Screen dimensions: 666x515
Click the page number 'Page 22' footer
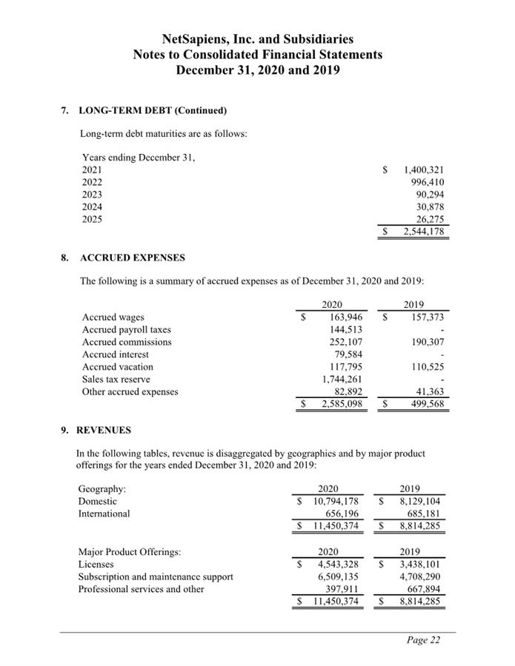[423, 641]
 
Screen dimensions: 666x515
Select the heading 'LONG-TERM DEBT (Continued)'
[153, 111]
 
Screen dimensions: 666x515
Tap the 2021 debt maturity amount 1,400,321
[423, 169]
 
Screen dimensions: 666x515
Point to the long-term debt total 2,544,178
[423, 232]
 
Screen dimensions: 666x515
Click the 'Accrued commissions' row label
[127, 342]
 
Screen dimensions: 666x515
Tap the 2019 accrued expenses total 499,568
[425, 405]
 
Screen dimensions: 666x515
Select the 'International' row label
[104, 514]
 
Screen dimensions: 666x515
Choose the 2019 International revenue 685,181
[422, 514]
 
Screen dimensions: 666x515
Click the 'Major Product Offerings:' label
[129, 551]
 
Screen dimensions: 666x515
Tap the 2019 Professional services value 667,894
[422, 589]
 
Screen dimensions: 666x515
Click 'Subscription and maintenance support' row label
[156, 576]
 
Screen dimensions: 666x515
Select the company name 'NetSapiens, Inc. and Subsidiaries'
[257, 38]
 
